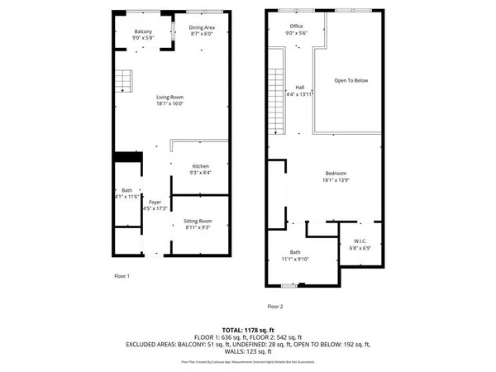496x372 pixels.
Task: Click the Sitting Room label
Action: click(198, 222)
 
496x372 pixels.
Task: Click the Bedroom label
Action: click(335, 172)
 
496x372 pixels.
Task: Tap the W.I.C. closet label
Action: click(359, 241)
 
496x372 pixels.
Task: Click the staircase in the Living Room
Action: click(123, 81)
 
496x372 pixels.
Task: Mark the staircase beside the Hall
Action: click(276, 91)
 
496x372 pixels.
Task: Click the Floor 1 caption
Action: click(122, 275)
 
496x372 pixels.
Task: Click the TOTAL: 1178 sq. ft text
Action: click(247, 330)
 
